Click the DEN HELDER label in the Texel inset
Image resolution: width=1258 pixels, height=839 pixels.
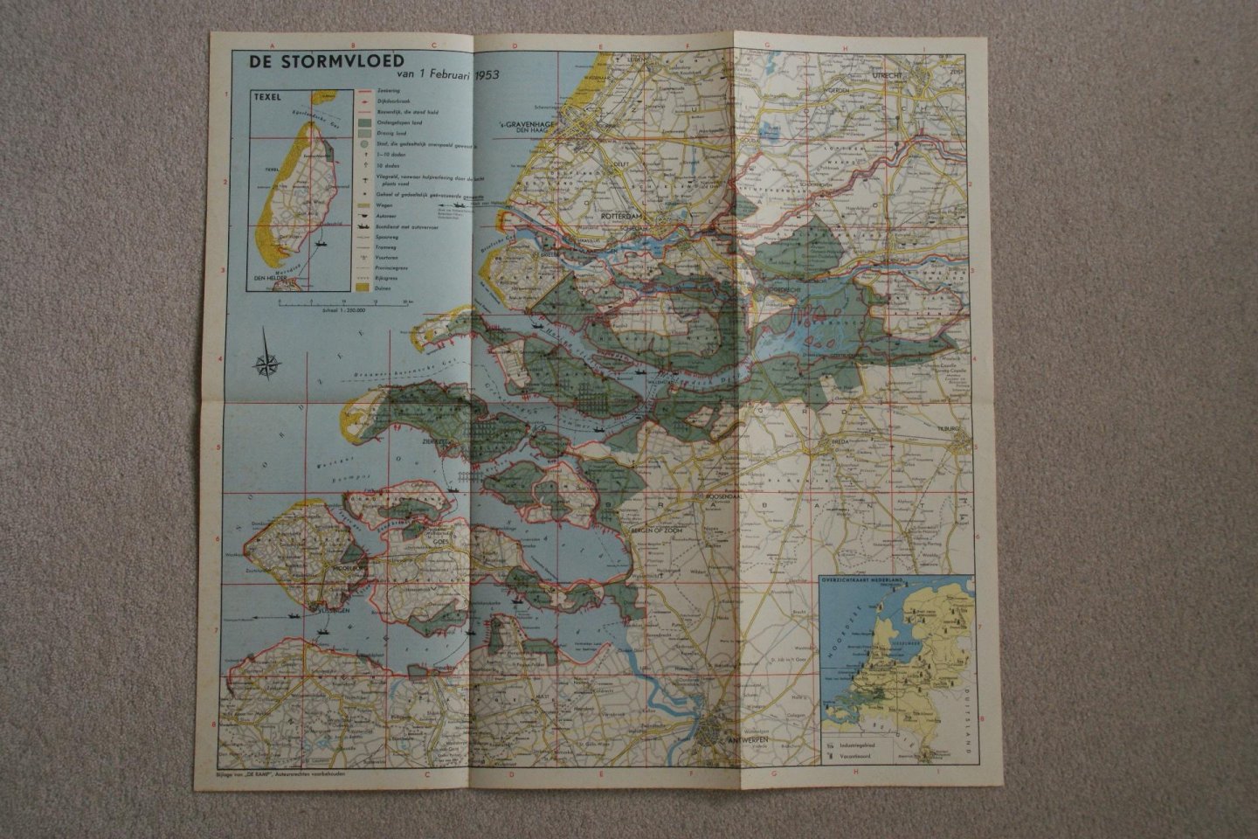click(271, 280)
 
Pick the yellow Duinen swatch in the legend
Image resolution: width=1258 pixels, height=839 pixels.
click(361, 285)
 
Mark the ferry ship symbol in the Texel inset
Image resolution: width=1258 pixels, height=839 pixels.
click(320, 246)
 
